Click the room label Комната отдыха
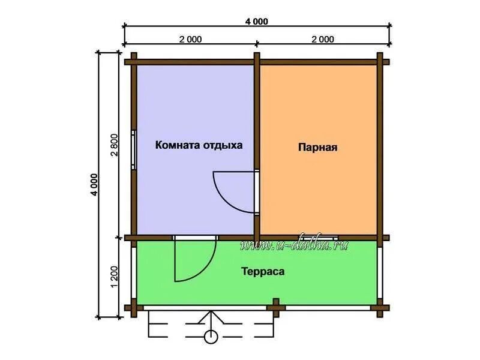point(199,145)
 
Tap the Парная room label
point(318,147)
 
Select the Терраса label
point(263,271)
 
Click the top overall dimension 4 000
point(257,22)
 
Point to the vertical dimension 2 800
point(115,145)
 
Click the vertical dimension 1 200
point(115,277)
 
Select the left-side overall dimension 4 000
point(95,185)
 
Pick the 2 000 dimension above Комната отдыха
point(190,40)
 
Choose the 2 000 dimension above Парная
point(323,40)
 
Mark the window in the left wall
point(134,149)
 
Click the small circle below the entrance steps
point(211,337)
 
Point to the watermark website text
point(294,244)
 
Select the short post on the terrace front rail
point(276,307)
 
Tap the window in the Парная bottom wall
point(318,238)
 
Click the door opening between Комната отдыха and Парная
point(257,191)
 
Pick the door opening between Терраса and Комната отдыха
point(196,238)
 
